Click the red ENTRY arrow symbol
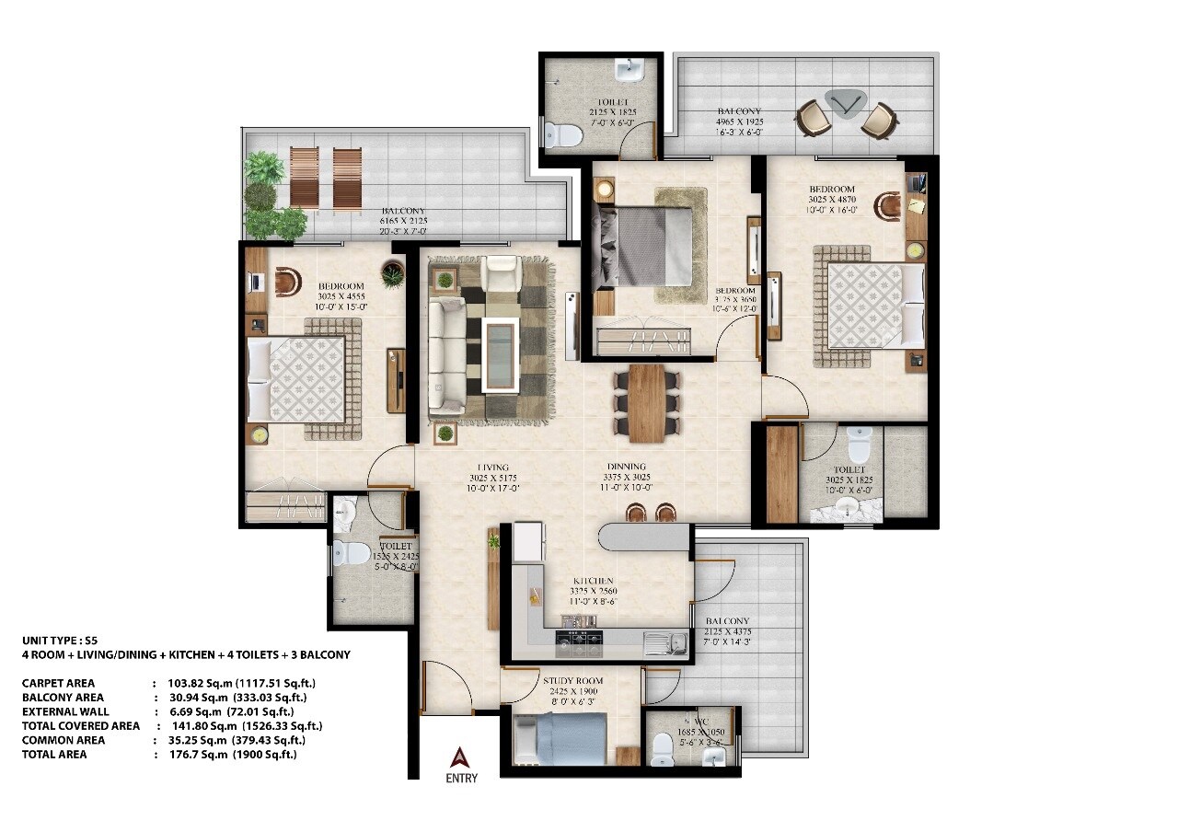461,757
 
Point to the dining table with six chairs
647,401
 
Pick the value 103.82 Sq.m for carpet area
193,684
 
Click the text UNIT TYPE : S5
60,640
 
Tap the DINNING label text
626,467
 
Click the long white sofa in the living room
447,354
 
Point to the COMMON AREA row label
64,740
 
